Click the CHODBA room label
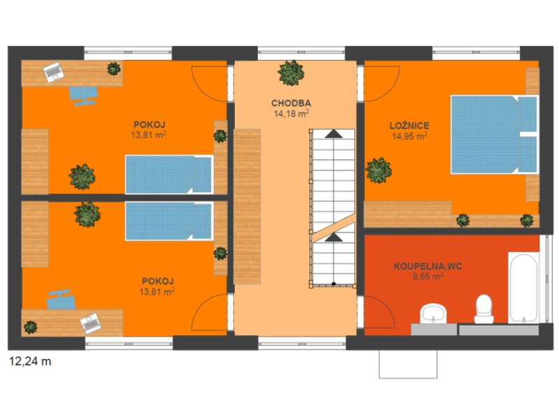click(x=291, y=103)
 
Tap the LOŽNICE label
click(x=409, y=126)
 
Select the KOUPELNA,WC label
click(x=428, y=266)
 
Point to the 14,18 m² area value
click(x=291, y=114)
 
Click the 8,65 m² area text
click(x=428, y=276)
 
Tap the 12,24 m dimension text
click(x=30, y=361)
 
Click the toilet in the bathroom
click(x=484, y=309)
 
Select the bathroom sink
click(x=433, y=314)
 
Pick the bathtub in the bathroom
click(x=523, y=288)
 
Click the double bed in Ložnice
click(x=494, y=134)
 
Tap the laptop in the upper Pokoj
click(x=54, y=72)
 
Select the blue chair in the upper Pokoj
click(x=83, y=96)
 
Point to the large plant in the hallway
click(x=291, y=73)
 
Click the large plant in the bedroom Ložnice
click(x=379, y=170)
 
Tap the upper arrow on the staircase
click(x=334, y=133)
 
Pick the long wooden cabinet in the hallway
click(x=247, y=207)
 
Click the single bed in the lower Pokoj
click(x=169, y=221)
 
